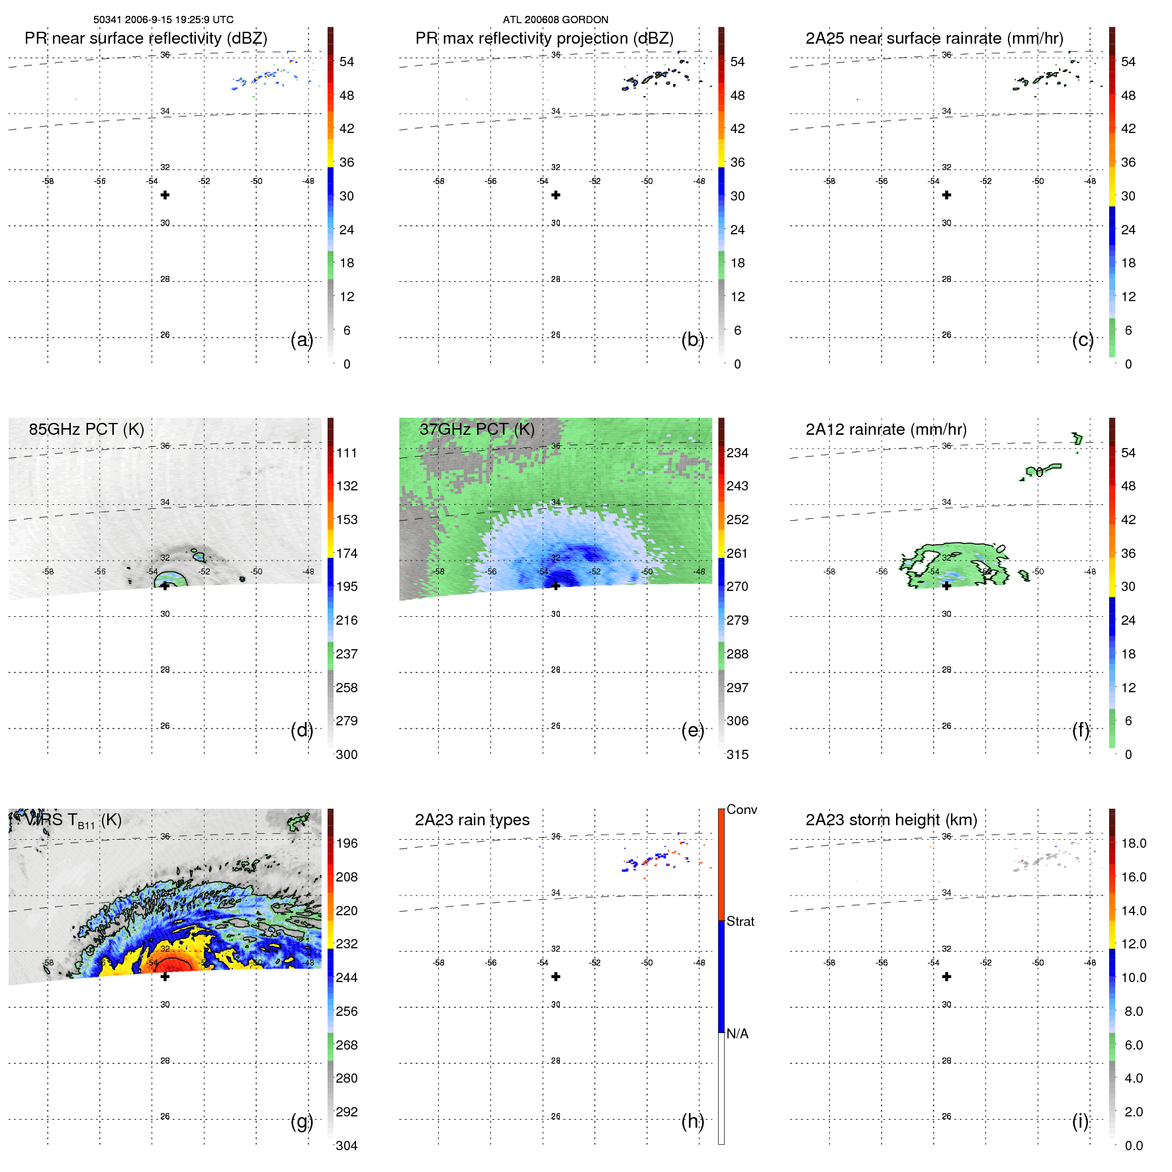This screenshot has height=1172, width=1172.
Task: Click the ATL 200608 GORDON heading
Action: pyautogui.click(x=555, y=20)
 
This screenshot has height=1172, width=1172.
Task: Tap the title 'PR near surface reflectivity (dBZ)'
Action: pyautogui.click(x=146, y=38)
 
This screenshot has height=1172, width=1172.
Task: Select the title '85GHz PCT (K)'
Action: pyautogui.click(x=86, y=429)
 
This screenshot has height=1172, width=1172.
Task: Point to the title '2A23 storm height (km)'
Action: pyautogui.click(x=891, y=820)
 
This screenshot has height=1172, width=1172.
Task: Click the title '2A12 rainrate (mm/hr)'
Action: pyautogui.click(x=885, y=429)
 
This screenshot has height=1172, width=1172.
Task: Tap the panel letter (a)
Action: pyautogui.click(x=301, y=340)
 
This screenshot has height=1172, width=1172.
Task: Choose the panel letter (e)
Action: pyautogui.click(x=692, y=731)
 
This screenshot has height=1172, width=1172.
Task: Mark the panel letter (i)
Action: pyautogui.click(x=1080, y=1121)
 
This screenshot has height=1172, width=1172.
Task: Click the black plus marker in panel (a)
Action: pyautogui.click(x=165, y=195)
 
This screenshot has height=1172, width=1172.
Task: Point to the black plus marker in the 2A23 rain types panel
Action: pyautogui.click(x=556, y=977)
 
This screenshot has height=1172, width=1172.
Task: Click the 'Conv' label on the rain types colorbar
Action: pyautogui.click(x=741, y=810)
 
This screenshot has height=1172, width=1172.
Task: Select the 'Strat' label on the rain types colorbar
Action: pyautogui.click(x=740, y=922)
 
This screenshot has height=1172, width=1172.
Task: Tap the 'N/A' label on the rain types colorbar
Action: pyautogui.click(x=737, y=1034)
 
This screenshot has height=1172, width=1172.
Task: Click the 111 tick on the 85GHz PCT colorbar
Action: pyautogui.click(x=346, y=453)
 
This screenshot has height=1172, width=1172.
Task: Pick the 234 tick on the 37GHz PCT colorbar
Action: pyautogui.click(x=737, y=453)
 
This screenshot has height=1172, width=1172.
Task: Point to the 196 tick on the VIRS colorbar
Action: pyautogui.click(x=346, y=844)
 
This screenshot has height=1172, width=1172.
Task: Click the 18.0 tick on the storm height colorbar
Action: pyautogui.click(x=1133, y=844)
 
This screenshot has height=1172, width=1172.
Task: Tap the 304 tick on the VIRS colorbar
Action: pyautogui.click(x=346, y=1146)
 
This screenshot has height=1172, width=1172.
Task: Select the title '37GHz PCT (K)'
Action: pyautogui.click(x=476, y=429)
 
